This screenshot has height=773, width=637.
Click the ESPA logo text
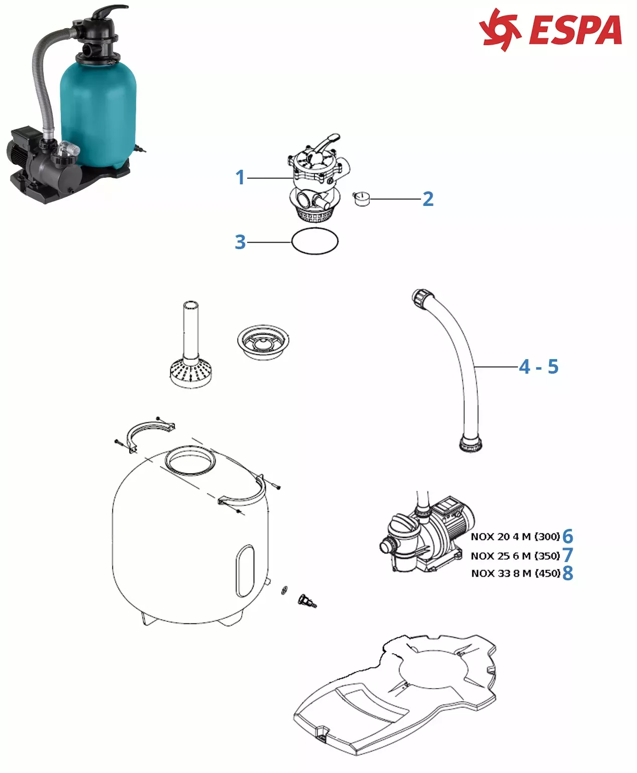point(576,30)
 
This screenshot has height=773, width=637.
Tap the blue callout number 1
point(241,177)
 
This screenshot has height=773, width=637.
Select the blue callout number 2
point(428,199)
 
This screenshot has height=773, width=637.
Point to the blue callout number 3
point(241,242)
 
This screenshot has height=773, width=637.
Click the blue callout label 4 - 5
point(539,367)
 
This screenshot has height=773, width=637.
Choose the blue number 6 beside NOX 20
point(568,536)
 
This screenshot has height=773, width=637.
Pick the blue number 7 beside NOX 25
point(568,555)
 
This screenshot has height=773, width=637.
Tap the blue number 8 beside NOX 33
point(568,573)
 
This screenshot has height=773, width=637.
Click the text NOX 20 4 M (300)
point(515,536)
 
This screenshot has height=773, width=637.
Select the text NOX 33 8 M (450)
point(515,573)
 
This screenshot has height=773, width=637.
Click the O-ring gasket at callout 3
point(315,241)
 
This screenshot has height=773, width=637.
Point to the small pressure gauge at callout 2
point(361,199)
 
